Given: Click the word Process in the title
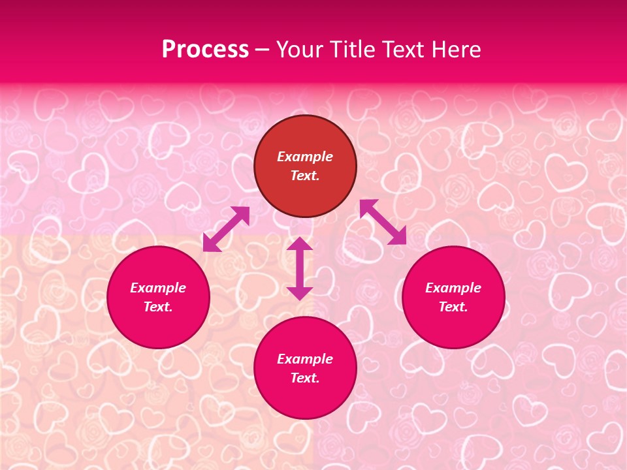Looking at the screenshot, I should point(205,50).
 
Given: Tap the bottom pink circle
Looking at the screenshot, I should point(305,398).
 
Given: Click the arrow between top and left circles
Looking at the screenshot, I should point(226,229).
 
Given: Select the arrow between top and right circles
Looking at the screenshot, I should point(383,222).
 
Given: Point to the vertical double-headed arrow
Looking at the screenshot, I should point(300,268).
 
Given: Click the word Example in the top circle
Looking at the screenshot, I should point(305,157).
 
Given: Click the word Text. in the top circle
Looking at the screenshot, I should point(305,176).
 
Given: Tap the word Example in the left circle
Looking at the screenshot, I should point(158,288).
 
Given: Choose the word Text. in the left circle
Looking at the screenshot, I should point(158,307).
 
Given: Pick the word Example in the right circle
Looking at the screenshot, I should point(453,288).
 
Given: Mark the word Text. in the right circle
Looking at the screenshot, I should point(453,307).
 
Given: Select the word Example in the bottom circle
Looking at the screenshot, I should point(305,359).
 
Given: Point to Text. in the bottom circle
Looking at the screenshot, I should point(305,378).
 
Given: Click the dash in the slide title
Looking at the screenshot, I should point(263,50).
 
